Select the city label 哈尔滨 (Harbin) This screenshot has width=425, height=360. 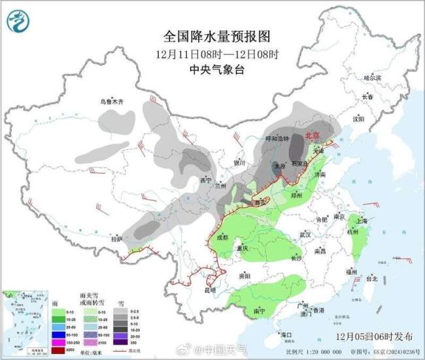pyautogui.click(x=372, y=77)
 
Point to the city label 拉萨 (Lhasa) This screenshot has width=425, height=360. pyautogui.click(x=116, y=239)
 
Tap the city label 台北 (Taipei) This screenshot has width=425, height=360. pyautogui.click(x=371, y=278)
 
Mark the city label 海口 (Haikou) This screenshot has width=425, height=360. pyautogui.click(x=285, y=334)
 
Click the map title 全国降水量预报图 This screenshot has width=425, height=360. pyautogui.click(x=214, y=35)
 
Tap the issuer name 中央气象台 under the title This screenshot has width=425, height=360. pyautogui.click(x=214, y=67)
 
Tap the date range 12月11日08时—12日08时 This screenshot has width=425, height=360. pyautogui.click(x=214, y=52)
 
